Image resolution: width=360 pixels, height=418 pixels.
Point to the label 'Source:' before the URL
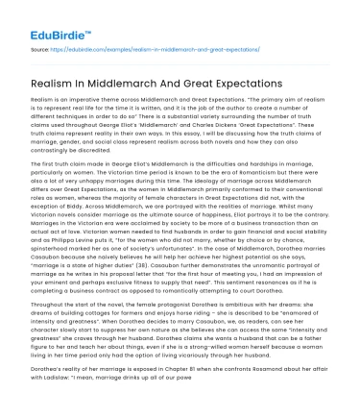click(41, 45)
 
